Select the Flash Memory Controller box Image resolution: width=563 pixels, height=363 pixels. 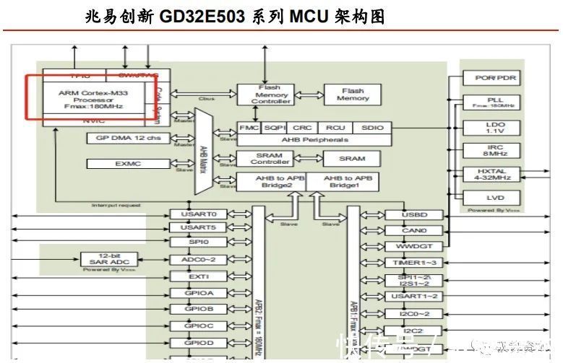click(x=270, y=95)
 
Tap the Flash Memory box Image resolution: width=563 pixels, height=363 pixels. click(x=352, y=95)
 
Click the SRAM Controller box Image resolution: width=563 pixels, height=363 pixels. click(x=270, y=158)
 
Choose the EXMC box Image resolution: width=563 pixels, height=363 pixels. click(x=128, y=164)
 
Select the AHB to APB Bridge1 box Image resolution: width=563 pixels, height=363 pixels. click(x=348, y=182)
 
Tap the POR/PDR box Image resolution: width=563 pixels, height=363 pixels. click(x=495, y=78)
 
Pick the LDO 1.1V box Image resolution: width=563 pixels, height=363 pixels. click(x=495, y=128)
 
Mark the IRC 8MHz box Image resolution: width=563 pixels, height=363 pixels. click(x=495, y=150)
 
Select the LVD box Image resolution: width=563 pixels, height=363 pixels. click(x=495, y=197)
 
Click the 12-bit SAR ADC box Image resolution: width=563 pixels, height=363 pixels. click(x=108, y=258)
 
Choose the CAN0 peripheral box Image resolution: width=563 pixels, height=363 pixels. click(x=414, y=231)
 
